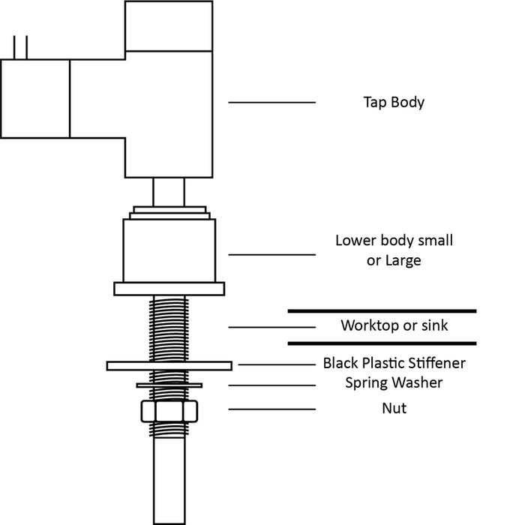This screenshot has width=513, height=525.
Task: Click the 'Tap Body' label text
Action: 394,102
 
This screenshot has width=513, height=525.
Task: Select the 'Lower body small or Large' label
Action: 394,250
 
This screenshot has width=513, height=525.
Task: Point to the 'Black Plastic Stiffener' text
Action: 394,363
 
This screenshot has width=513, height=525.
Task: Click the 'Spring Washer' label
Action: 394,382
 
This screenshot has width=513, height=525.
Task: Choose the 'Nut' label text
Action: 394,409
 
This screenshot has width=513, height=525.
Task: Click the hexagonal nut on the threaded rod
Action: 169,412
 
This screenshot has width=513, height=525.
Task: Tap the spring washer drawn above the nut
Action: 169,385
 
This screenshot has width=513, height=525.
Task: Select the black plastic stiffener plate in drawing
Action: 169,365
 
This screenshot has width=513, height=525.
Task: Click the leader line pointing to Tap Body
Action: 271,102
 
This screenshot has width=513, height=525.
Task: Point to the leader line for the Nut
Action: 271,409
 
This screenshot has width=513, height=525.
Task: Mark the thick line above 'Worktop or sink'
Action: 382,310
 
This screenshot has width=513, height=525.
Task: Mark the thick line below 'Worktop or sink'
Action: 382,343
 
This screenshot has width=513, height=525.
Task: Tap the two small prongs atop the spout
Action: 20,46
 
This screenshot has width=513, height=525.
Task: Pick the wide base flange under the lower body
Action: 169,289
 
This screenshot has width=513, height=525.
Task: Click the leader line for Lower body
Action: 271,254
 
